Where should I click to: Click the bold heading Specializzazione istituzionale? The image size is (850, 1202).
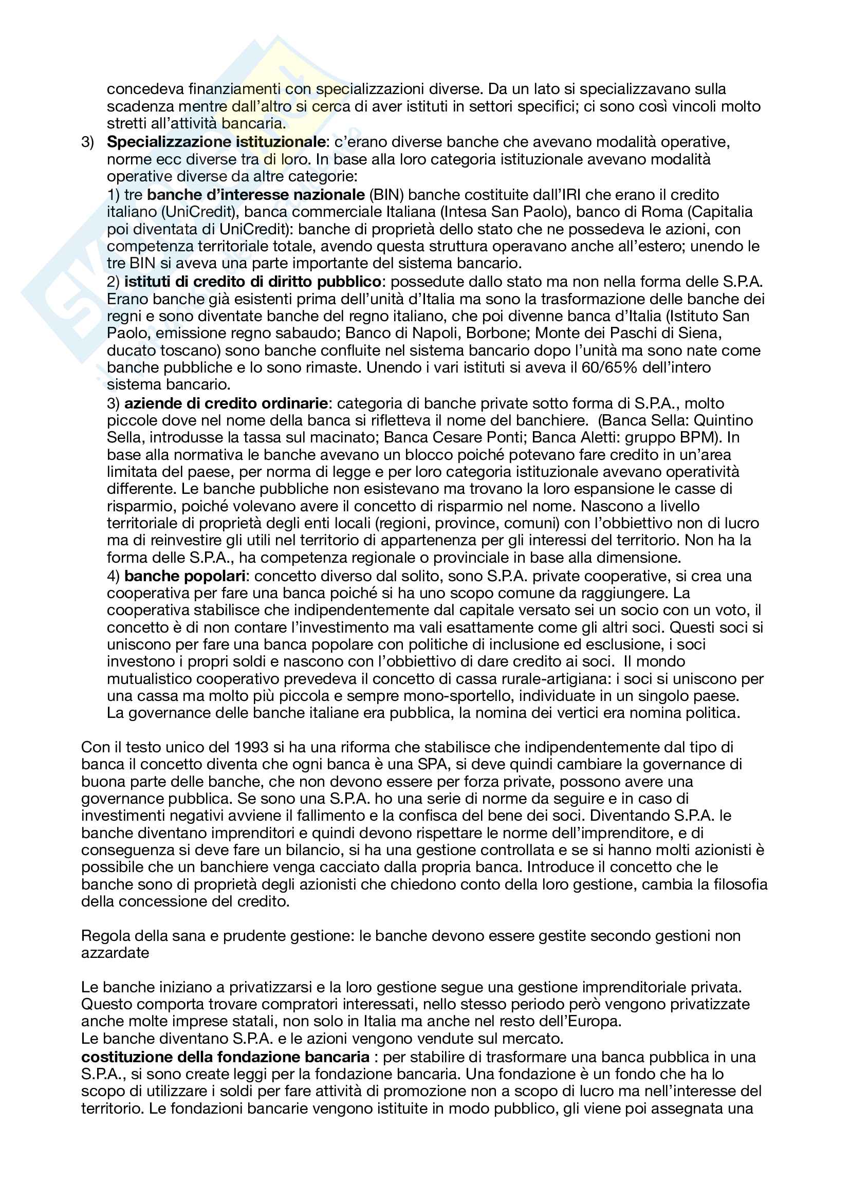216,142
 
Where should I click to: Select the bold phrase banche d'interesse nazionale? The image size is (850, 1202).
256,195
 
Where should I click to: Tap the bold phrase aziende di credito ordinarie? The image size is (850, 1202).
226,403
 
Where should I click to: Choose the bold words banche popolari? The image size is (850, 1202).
186,576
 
